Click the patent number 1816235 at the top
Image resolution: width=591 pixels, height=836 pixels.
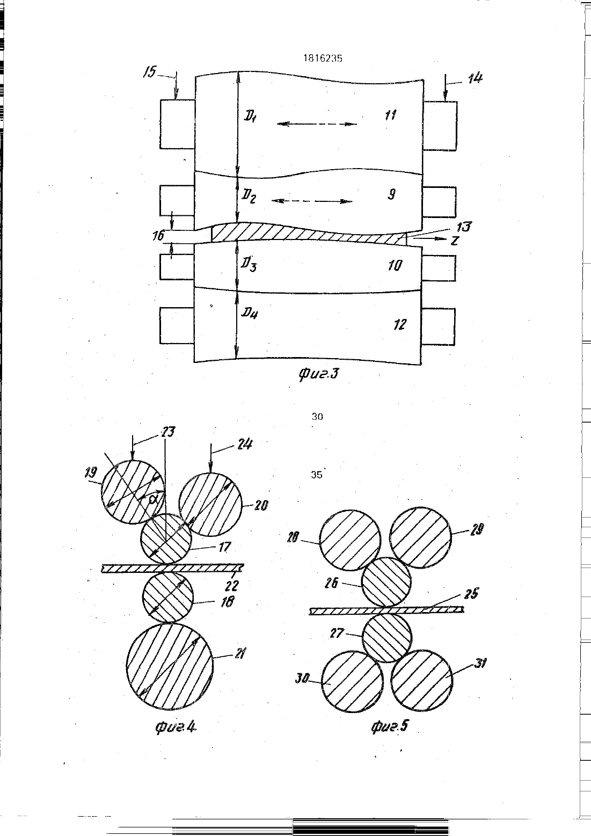click(323, 59)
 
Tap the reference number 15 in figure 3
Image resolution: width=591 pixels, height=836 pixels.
click(150, 71)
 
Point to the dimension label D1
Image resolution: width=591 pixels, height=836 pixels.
click(250, 117)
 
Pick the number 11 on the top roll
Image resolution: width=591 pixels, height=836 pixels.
click(390, 115)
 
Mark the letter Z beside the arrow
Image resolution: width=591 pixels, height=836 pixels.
click(454, 241)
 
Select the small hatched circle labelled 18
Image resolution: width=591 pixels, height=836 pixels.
click(168, 598)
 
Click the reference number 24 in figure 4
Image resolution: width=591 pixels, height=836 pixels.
click(244, 445)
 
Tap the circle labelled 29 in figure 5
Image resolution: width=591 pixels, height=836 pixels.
click(420, 537)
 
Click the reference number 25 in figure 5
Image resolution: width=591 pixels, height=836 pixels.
click(471, 594)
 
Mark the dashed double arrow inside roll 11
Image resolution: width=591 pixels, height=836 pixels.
click(317, 124)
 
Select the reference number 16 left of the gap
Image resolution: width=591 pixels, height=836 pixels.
click(158, 236)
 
